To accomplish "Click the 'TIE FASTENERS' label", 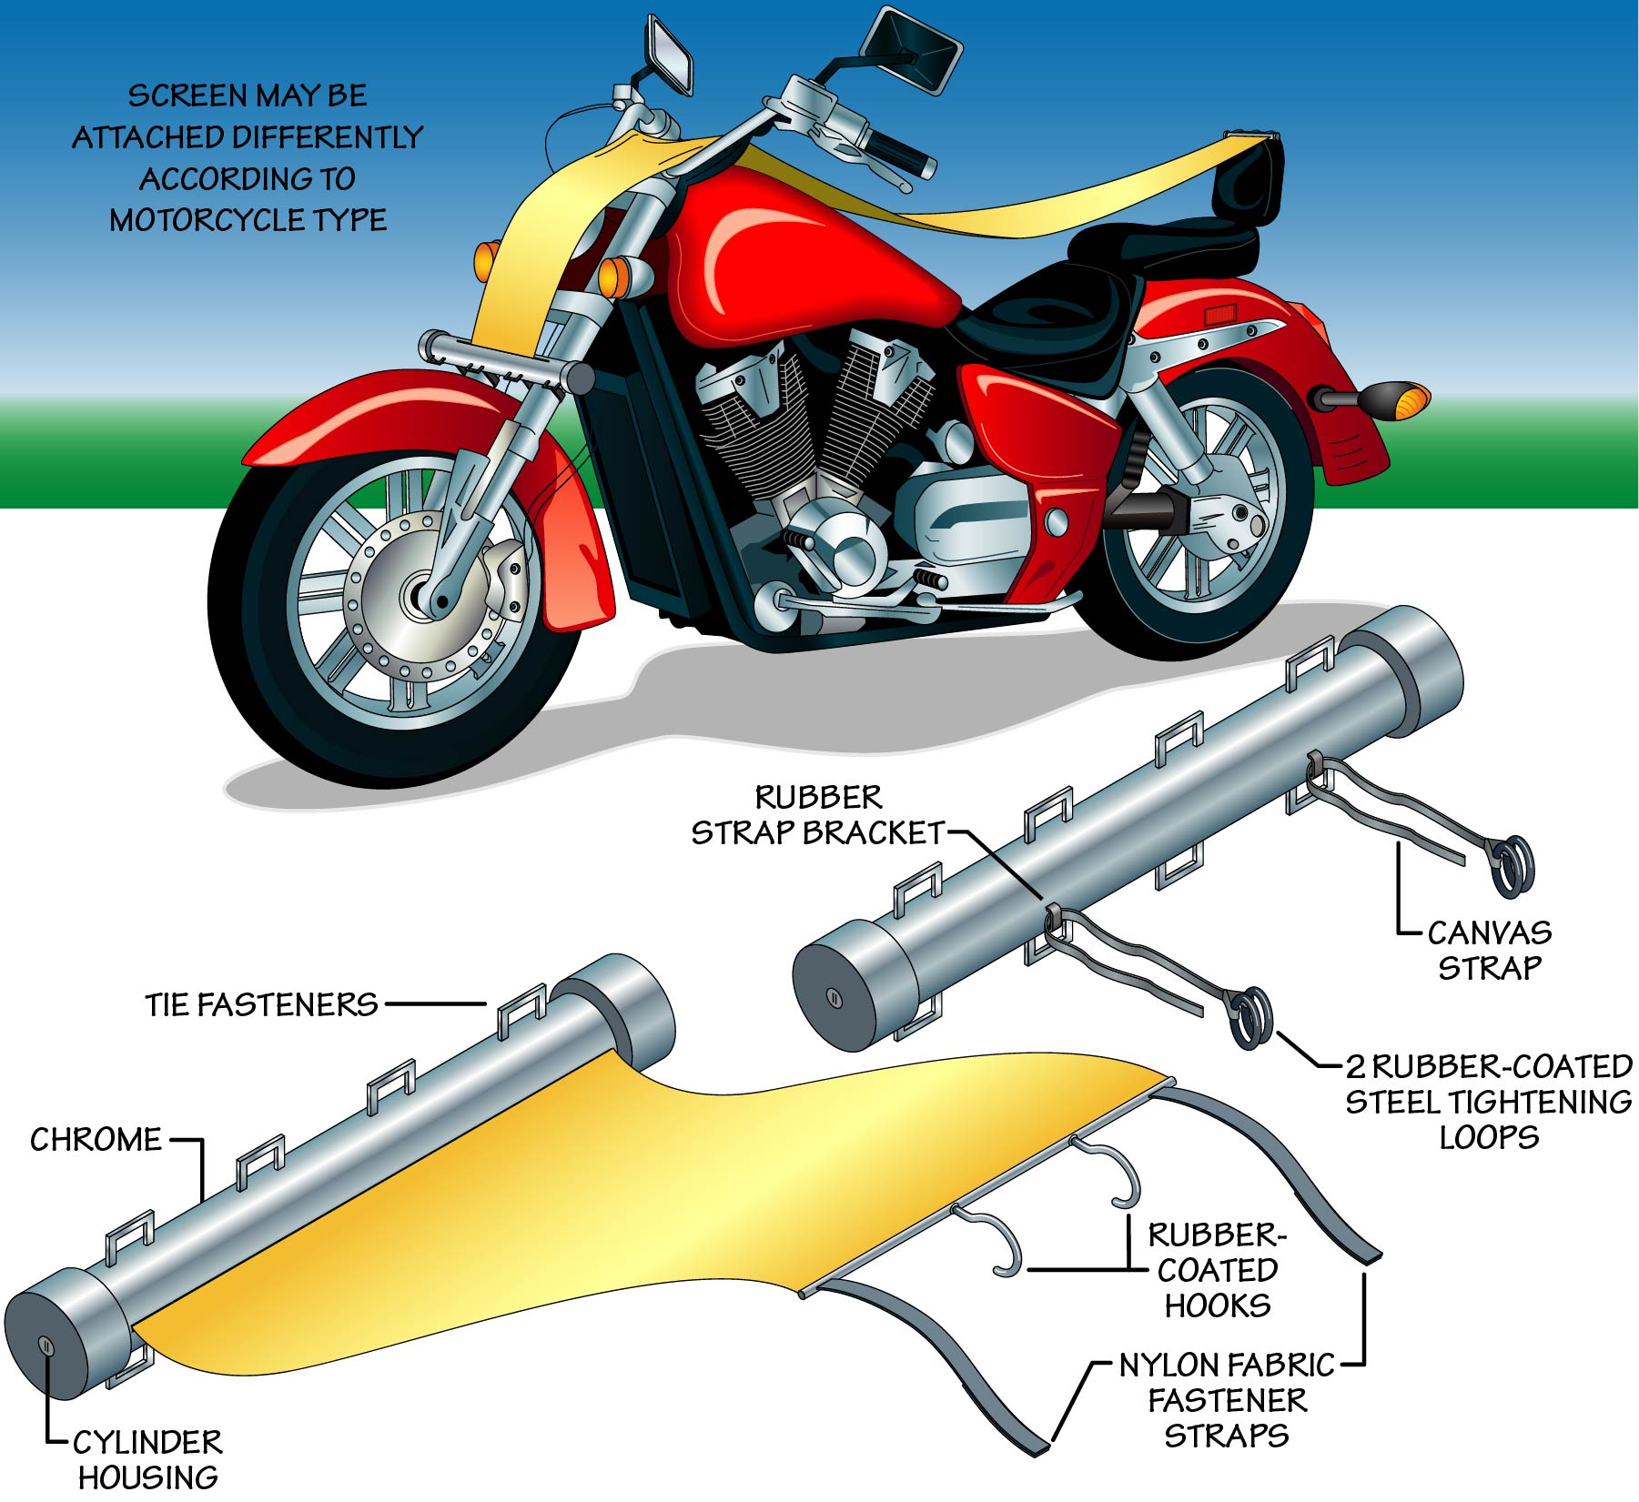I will click(x=261, y=1004).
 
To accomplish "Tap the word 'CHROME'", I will click(x=96, y=1139).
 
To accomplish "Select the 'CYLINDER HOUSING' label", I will click(x=148, y=1459).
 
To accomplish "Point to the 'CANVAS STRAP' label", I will click(x=1489, y=950).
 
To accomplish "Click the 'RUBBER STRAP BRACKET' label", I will click(x=818, y=815).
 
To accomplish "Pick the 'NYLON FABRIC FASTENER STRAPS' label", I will click(x=1227, y=1400).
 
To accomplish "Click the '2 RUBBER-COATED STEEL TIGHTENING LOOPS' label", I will click(x=1489, y=1102).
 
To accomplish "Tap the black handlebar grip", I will click(x=901, y=155).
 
